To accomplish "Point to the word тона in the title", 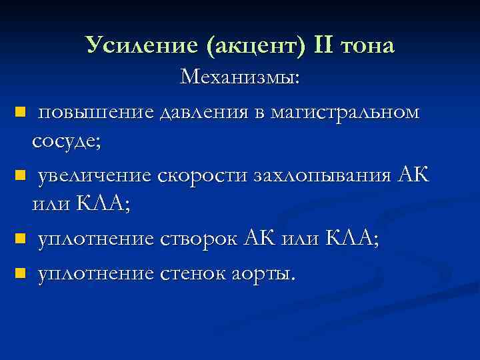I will click(x=367, y=46).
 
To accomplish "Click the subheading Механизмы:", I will click(x=240, y=78).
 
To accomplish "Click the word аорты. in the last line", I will click(x=259, y=273).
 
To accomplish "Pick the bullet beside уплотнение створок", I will click(x=20, y=238).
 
